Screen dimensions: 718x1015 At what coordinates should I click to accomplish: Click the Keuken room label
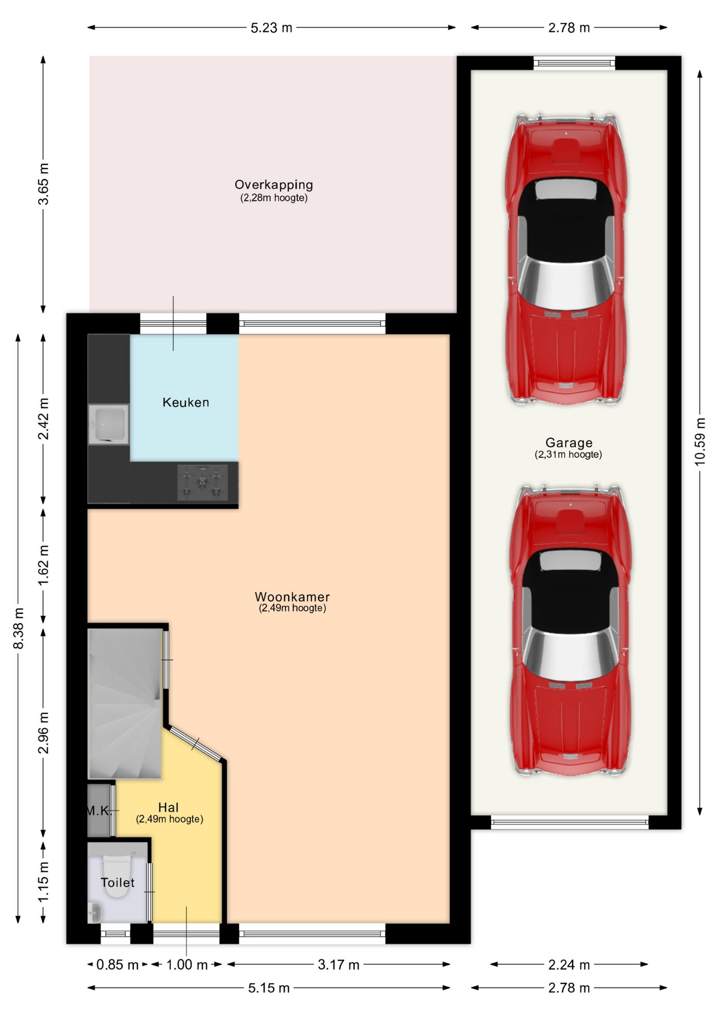(x=186, y=402)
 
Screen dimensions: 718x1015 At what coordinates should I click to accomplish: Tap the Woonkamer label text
(x=292, y=597)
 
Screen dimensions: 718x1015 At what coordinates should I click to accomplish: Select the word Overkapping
(x=274, y=185)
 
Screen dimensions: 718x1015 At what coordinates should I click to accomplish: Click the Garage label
(x=569, y=443)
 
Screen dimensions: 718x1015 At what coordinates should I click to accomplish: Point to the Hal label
(x=169, y=807)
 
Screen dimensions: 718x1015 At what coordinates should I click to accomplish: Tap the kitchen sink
(x=109, y=424)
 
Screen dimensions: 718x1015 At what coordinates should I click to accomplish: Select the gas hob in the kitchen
(x=202, y=482)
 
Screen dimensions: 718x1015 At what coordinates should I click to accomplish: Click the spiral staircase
(x=125, y=703)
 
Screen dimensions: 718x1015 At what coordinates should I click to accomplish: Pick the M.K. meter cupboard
(x=99, y=810)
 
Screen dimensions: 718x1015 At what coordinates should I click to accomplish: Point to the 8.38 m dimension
(x=19, y=629)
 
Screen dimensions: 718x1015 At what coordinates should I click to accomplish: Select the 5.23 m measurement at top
(x=271, y=28)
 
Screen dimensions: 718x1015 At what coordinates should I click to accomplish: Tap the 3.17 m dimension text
(x=338, y=965)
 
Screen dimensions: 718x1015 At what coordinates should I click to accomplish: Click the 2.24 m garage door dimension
(x=569, y=965)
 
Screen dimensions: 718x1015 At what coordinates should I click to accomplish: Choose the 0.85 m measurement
(x=117, y=965)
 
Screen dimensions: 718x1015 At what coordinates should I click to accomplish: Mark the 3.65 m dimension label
(x=43, y=184)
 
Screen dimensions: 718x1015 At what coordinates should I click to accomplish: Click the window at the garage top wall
(x=574, y=63)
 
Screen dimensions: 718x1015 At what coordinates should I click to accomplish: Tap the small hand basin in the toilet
(x=95, y=912)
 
